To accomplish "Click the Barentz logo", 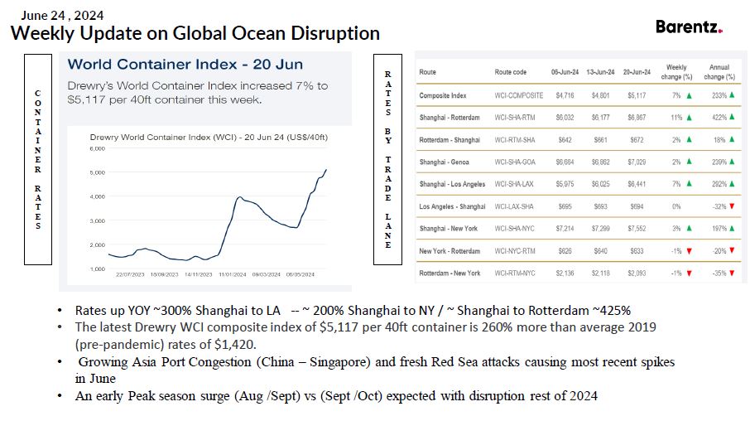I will pos(689,27).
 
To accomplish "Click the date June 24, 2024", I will pos(63,15).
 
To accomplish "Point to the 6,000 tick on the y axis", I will pos(97,148).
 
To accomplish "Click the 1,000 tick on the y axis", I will pos(97,269).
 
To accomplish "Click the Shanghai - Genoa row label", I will pos(447,162).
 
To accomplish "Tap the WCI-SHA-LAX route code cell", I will pos(515,184).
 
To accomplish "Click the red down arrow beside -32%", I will pos(733,206).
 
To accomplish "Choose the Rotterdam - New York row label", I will pos(450,273).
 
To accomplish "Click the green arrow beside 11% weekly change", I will pos(689,118).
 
